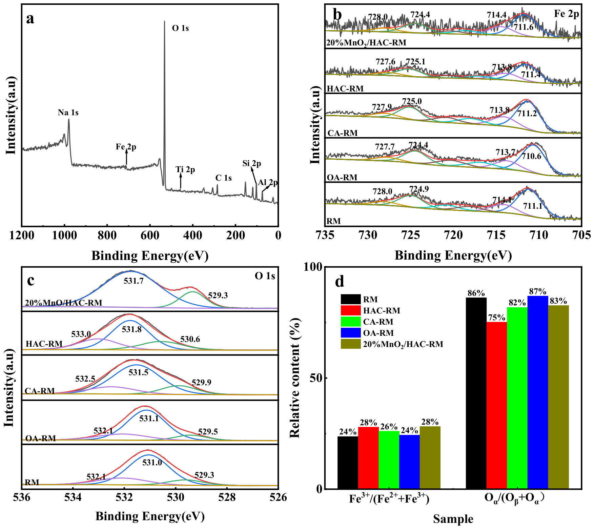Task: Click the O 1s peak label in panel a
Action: [180, 28]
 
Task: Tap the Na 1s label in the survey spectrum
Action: [68, 113]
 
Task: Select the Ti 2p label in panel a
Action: [185, 169]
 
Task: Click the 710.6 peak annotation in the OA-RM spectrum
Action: [531, 156]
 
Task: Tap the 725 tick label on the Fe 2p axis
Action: [411, 235]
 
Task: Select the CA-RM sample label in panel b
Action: [343, 133]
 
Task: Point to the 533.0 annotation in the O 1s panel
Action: [81, 334]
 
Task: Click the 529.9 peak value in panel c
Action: [202, 383]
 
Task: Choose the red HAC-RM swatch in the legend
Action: [351, 310]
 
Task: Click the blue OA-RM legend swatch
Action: [351, 333]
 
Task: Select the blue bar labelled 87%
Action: [538, 392]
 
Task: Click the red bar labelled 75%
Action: [497, 405]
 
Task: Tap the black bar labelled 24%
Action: [348, 463]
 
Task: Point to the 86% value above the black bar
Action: [476, 293]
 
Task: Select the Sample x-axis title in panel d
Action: [453, 519]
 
